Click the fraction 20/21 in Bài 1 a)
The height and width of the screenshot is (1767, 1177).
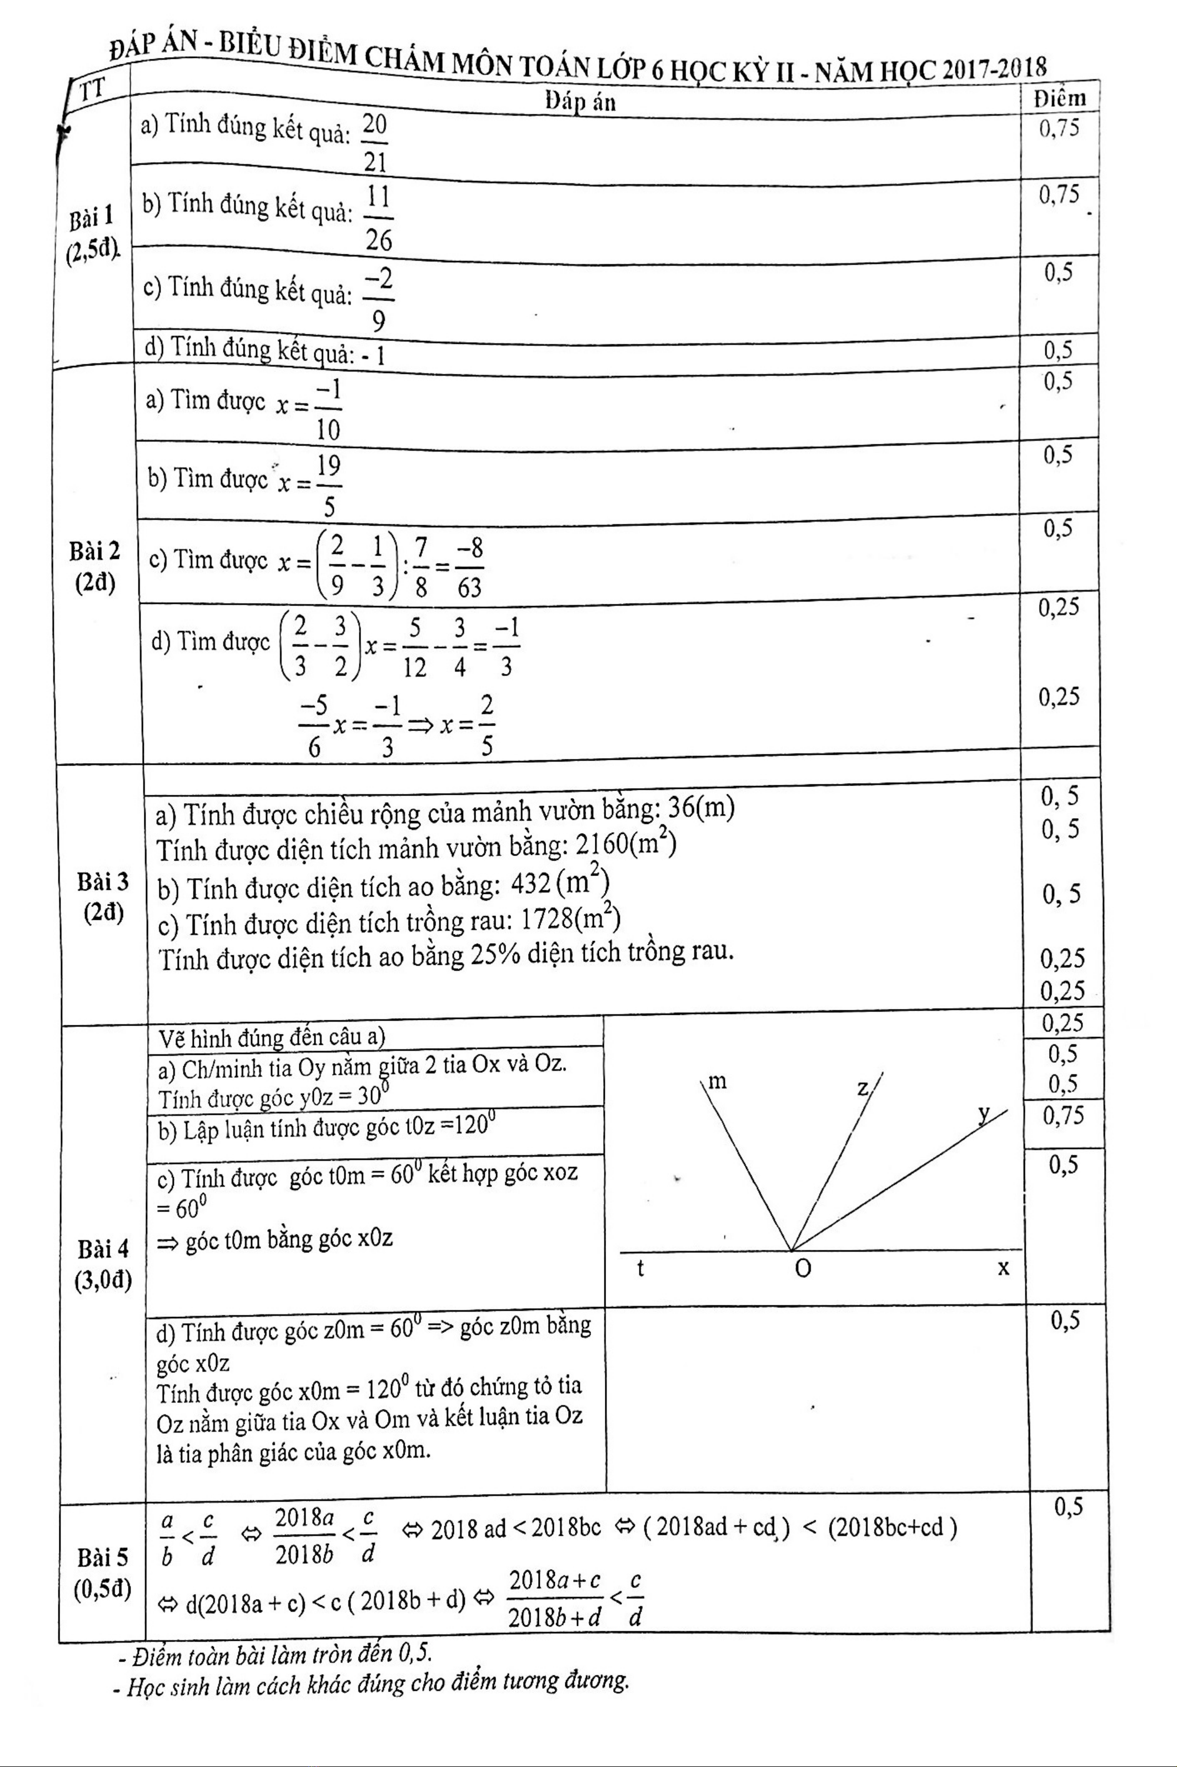[374, 142]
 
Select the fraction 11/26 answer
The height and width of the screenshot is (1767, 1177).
[378, 218]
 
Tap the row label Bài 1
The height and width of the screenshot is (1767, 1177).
[92, 218]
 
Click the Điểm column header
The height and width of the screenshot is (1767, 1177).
[1059, 98]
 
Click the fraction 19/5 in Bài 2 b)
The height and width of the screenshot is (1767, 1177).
[328, 485]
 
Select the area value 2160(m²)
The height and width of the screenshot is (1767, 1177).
[626, 844]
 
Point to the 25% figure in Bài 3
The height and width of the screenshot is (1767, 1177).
[495, 954]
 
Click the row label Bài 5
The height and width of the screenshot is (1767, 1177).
[103, 1558]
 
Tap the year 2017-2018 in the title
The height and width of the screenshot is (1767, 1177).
[994, 70]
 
